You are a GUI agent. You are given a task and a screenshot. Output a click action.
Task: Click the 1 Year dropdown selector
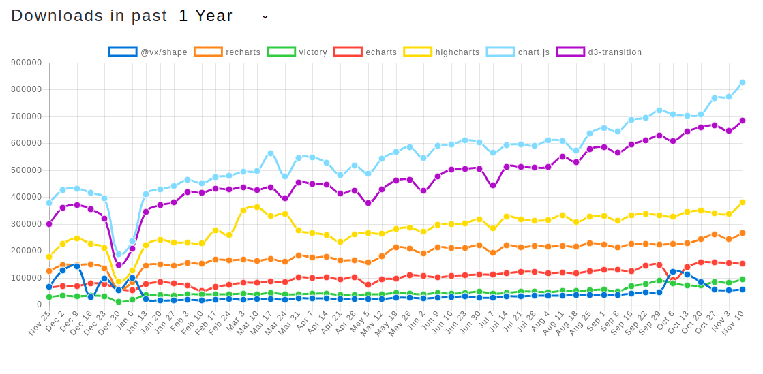[x=224, y=16]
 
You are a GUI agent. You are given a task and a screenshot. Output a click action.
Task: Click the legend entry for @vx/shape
[x=148, y=52]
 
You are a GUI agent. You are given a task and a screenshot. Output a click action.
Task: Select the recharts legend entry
[x=228, y=52]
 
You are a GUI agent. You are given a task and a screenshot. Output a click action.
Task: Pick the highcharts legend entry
[x=442, y=52]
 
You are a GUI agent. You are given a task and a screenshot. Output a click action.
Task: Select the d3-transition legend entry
[x=600, y=52]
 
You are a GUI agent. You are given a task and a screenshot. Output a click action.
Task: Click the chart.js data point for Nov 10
[x=743, y=82]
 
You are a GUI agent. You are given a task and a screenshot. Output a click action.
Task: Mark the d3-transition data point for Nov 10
[x=743, y=121]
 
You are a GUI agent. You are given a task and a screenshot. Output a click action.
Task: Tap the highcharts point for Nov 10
[x=743, y=202]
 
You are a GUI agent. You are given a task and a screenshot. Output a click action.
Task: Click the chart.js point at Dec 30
[x=119, y=254]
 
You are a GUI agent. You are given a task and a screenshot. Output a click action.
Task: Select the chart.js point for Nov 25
[x=49, y=203]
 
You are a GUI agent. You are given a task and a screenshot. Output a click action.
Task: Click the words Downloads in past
[x=89, y=16]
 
